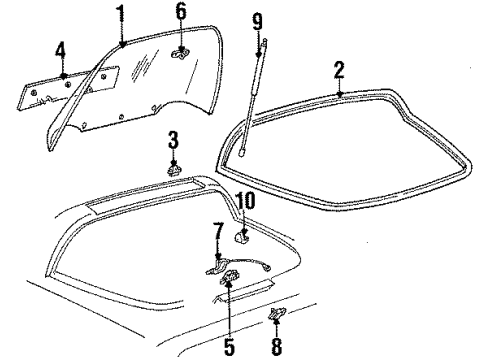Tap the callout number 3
tap(173, 137)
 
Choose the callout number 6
tap(181, 12)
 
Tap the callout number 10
tap(245, 199)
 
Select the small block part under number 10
tap(241, 236)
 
